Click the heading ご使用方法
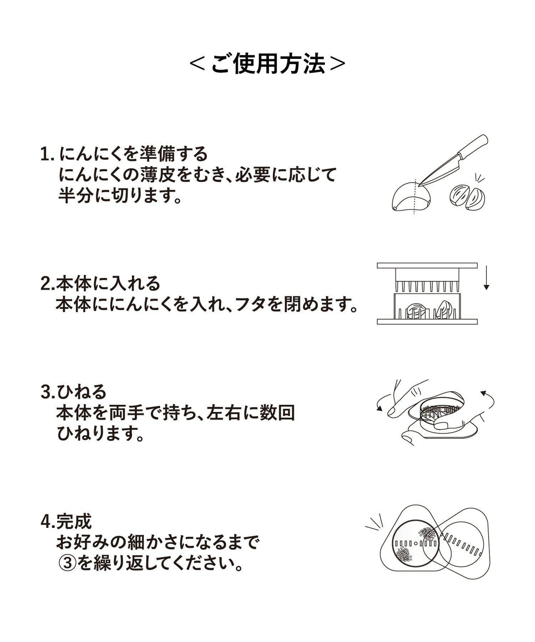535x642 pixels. tap(267, 64)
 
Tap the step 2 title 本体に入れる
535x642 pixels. tap(108, 283)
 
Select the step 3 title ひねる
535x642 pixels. tap(82, 392)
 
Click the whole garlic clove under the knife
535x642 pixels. tap(411, 196)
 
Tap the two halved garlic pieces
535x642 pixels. tap(467, 197)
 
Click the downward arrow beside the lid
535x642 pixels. tap(486, 278)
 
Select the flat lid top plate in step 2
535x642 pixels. tap(427, 265)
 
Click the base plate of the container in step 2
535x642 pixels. tap(427, 321)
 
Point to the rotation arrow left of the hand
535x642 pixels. tap(381, 403)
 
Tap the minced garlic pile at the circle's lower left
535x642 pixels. tap(404, 554)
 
